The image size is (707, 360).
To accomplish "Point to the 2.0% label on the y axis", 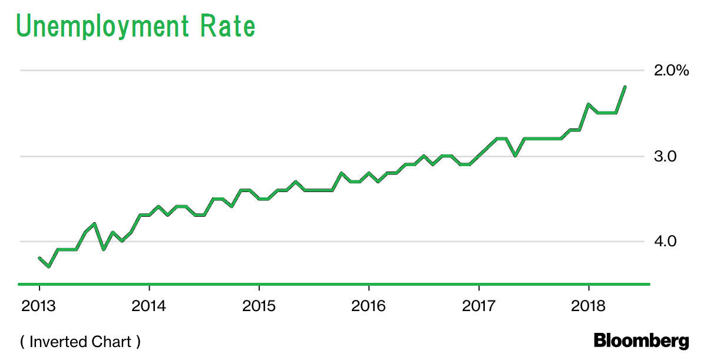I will click(x=671, y=71).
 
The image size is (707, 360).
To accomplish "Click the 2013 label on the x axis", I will click(x=39, y=306).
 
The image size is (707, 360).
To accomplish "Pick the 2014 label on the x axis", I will click(x=150, y=306).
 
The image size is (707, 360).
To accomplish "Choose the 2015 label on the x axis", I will click(x=259, y=306).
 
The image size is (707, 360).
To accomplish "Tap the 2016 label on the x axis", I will click(x=369, y=306).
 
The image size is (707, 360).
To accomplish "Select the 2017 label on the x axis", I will click(x=479, y=306).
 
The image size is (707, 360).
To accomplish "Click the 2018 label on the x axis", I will click(x=589, y=306).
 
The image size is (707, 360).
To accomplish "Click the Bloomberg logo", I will click(x=641, y=341).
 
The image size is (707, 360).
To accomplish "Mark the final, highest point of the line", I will click(x=625, y=87).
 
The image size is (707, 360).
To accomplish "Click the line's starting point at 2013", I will click(x=39, y=258).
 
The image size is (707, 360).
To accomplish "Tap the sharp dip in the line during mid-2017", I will click(x=516, y=156).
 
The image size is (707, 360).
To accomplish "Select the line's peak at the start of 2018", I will click(x=589, y=104).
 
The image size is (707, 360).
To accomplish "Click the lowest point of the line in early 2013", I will click(x=49, y=267).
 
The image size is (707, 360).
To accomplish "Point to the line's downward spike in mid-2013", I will click(x=104, y=249).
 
